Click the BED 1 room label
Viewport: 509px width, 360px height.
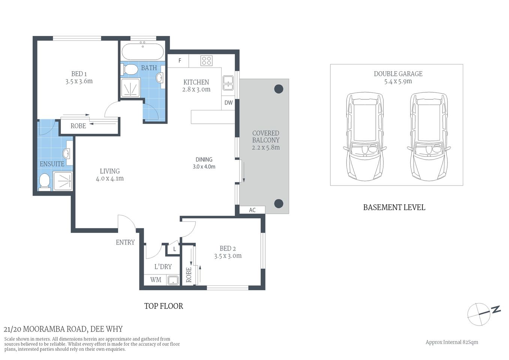[79, 74]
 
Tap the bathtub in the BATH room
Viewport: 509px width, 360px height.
[143, 52]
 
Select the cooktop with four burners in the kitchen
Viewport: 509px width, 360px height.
[206, 60]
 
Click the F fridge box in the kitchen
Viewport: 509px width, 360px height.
[180, 61]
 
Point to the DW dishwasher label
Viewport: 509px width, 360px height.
[228, 103]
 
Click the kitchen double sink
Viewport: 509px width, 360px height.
[228, 83]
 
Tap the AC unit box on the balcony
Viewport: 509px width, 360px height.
[252, 210]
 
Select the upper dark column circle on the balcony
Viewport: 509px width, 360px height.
[278, 89]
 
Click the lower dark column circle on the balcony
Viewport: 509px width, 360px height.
[278, 203]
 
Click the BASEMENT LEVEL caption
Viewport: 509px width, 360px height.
[394, 207]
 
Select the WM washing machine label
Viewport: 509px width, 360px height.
[156, 280]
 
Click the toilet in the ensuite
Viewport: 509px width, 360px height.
[44, 182]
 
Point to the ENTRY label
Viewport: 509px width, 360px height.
[125, 242]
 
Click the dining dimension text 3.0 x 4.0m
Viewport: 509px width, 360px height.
[204, 166]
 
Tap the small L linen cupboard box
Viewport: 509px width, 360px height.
[174, 249]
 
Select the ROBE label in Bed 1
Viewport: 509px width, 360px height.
[78, 126]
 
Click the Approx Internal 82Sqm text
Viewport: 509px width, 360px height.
[452, 342]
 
